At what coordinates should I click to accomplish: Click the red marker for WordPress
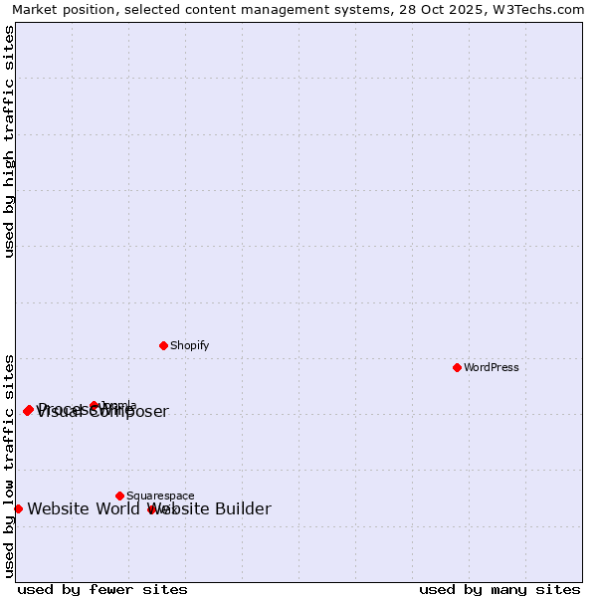click(457, 367)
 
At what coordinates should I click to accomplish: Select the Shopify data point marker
click(163, 345)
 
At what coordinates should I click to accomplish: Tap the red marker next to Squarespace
click(119, 496)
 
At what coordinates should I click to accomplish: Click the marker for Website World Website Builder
click(18, 508)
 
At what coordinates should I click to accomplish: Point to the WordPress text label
click(492, 367)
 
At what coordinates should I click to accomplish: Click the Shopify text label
click(189, 345)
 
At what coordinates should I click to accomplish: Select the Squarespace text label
click(160, 496)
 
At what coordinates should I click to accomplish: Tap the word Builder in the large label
click(240, 509)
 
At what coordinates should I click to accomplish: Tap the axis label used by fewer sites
click(102, 589)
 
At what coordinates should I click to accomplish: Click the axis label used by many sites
click(499, 589)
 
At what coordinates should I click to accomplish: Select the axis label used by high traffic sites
click(10, 141)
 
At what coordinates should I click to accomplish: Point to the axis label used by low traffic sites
click(10, 465)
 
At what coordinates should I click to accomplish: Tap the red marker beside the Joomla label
click(95, 405)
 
